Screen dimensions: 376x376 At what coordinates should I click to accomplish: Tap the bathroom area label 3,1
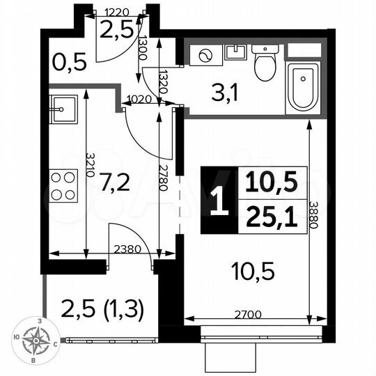(x=226, y=91)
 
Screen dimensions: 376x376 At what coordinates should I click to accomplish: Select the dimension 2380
(x=128, y=249)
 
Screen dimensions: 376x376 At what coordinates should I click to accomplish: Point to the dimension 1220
(x=118, y=12)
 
